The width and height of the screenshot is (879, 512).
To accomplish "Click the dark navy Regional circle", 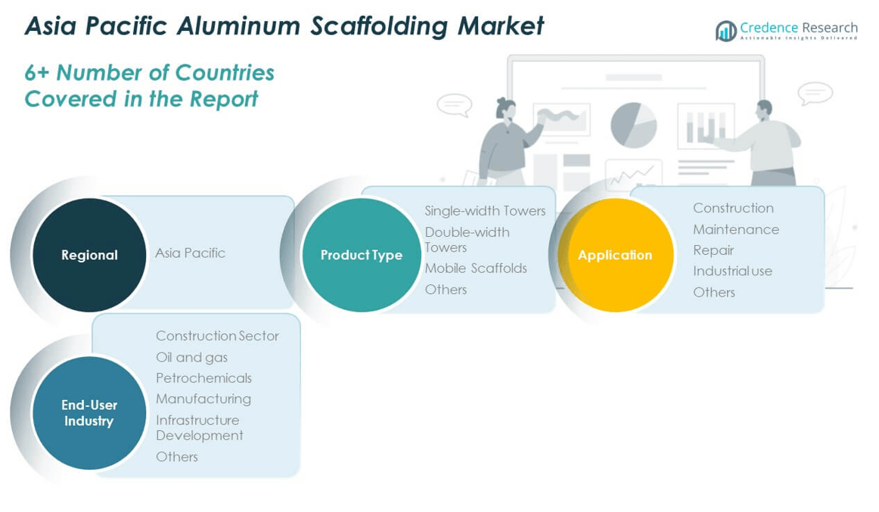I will coord(89,255).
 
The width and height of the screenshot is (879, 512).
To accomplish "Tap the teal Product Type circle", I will coord(361,255).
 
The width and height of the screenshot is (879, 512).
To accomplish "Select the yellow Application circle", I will coord(615,255).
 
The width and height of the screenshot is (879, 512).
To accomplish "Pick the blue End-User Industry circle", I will coord(89,413).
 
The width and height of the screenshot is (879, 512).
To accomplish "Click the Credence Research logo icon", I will coord(726,30).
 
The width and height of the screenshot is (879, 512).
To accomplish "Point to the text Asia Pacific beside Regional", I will coord(190,253).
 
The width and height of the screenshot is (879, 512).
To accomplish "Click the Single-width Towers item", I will coord(485,211).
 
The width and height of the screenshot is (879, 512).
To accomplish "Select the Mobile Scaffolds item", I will coord(476,268).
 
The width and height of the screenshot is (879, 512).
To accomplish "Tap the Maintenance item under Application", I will coord(735,229).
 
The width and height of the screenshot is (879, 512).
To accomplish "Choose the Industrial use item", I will coord(732,271).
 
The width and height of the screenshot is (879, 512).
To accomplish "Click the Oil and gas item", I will coord(191,357).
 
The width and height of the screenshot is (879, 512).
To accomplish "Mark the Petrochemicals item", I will coord(203,378).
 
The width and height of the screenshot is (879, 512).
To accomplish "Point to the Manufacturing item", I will coord(203,399).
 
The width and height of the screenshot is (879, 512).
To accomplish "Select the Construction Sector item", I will coord(217,336).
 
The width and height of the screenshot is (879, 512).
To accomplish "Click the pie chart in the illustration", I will coord(633,125).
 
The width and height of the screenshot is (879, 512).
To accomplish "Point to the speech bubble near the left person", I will coord(455,104).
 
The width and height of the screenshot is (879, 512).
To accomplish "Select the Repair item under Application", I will coord(713,250).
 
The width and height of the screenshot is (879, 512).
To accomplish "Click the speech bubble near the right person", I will coord(815,94).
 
